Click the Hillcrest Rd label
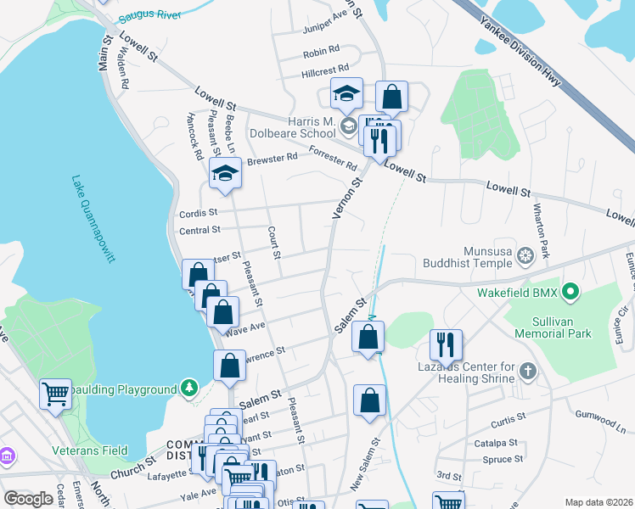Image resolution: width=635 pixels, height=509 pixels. tap(325, 71)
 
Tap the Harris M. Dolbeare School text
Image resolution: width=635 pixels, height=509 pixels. tap(293, 126)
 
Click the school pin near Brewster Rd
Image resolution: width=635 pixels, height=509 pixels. tap(225, 173)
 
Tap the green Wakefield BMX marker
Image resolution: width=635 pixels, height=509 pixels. tap(570, 294)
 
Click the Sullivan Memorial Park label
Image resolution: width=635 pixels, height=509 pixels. tap(555, 327)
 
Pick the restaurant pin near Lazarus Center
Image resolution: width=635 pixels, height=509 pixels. tap(446, 344)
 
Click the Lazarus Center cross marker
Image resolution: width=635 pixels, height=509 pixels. tap(528, 370)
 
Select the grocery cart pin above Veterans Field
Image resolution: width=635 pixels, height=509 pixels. tap(55, 393)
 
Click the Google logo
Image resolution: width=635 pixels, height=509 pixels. tap(28, 498)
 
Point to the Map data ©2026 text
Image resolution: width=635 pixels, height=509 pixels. tap(598, 502)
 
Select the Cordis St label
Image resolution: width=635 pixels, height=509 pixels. tap(198, 213)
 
